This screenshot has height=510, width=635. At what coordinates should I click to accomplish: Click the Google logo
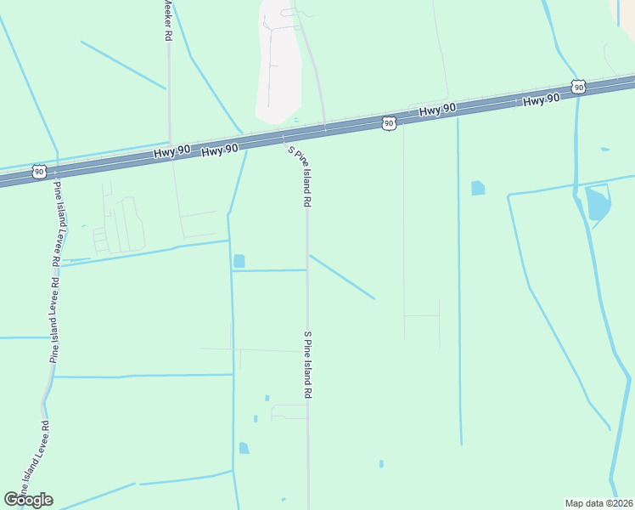click(x=28, y=499)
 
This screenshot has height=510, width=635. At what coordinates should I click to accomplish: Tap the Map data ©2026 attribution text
click(x=598, y=503)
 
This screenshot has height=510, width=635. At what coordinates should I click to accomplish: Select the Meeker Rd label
click(x=167, y=21)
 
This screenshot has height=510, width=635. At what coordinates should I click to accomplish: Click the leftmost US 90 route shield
click(x=39, y=172)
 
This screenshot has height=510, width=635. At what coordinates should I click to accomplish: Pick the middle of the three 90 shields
click(x=388, y=123)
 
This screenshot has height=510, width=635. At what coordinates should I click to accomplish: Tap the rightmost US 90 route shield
click(x=578, y=87)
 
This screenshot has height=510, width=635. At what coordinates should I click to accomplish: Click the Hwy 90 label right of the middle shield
click(x=438, y=110)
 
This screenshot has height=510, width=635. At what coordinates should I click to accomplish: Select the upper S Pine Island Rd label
click(x=301, y=177)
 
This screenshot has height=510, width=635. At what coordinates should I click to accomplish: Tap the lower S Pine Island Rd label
click(x=309, y=365)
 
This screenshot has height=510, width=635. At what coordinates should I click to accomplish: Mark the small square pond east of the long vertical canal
click(x=478, y=188)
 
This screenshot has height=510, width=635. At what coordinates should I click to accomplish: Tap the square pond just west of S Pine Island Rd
click(x=239, y=261)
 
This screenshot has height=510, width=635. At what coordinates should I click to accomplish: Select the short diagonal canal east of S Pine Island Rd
click(x=342, y=276)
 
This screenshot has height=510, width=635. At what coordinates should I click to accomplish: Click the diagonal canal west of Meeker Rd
click(x=123, y=65)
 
